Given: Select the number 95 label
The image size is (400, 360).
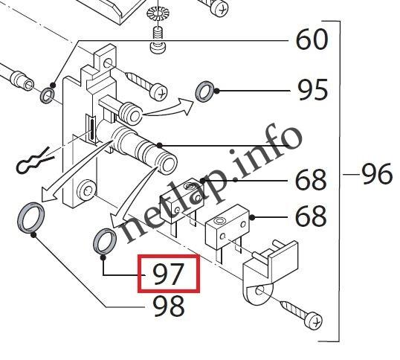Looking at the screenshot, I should (312, 91).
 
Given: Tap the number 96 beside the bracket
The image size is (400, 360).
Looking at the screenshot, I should (376, 175).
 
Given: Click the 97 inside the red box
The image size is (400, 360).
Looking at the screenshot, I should (169, 274).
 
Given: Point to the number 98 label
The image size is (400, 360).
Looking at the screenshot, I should (169, 305).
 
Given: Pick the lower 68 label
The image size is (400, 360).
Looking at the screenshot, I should (311, 217).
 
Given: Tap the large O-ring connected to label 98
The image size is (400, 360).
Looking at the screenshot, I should (29, 217).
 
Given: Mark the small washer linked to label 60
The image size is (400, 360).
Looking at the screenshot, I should (46, 94).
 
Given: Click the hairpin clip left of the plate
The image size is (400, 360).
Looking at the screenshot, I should (33, 160).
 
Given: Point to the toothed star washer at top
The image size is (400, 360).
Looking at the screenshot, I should (158, 15).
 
